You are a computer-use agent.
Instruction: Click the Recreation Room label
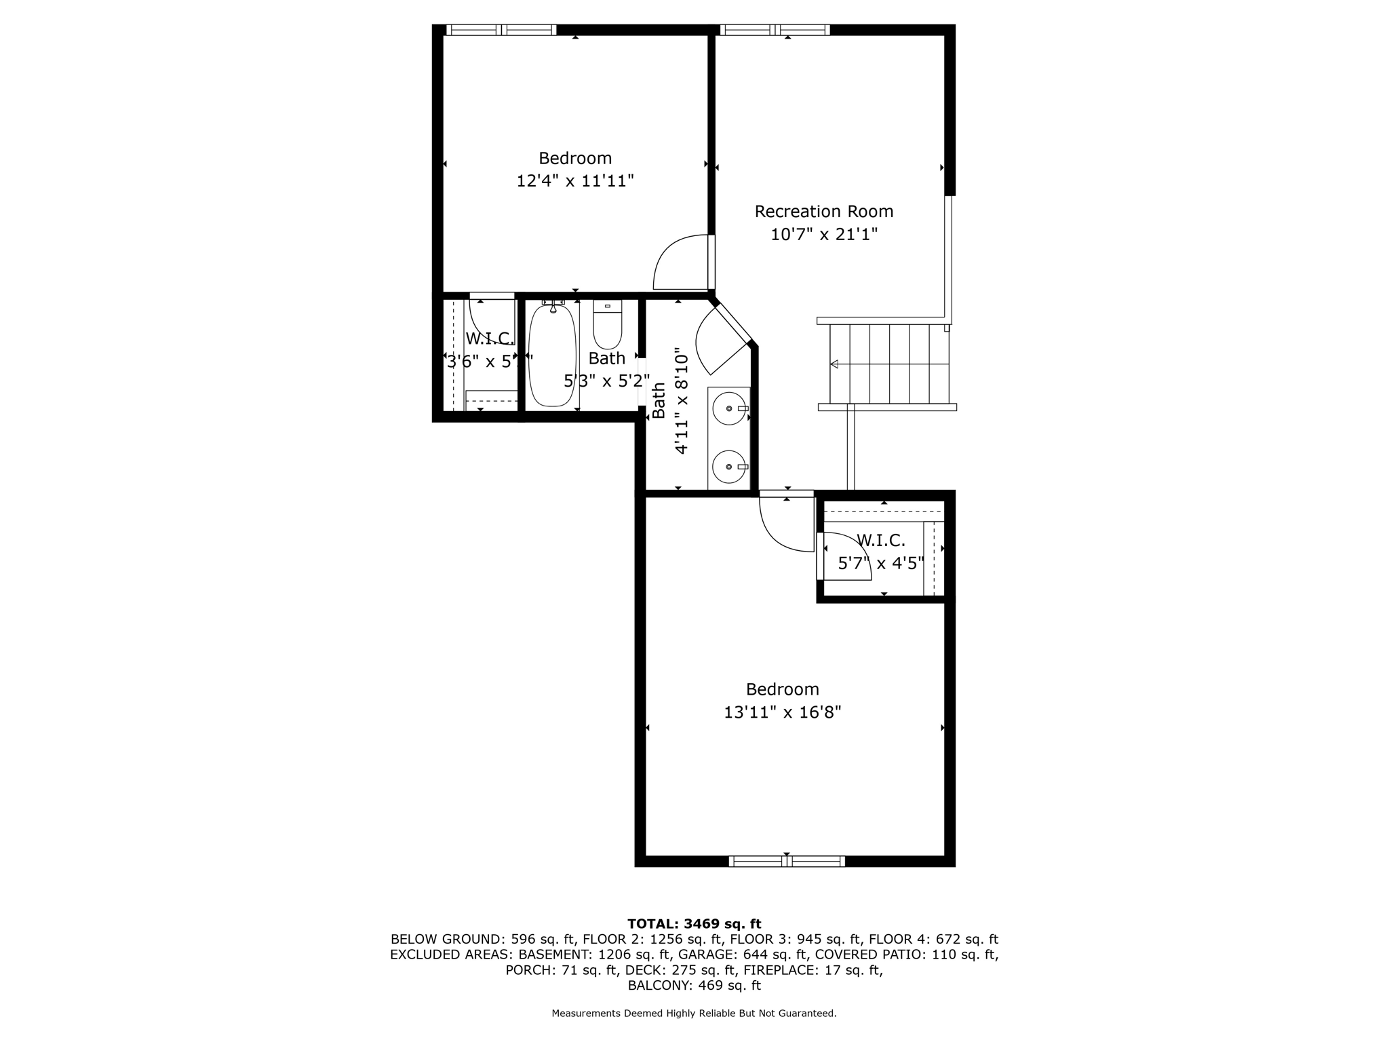[x=823, y=212]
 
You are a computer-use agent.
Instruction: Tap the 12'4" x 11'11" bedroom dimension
[x=575, y=181]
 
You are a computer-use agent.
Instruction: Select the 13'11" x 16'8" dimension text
[x=782, y=712]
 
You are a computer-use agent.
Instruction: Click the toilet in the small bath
[x=607, y=326]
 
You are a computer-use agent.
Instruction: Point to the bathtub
[x=552, y=356]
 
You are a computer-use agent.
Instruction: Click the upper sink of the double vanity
[x=729, y=409]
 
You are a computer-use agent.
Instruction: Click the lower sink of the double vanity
[x=729, y=467]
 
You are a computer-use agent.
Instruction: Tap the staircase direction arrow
[x=834, y=364]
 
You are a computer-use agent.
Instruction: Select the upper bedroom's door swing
[x=682, y=263]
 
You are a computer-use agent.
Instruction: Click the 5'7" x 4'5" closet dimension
[x=880, y=563]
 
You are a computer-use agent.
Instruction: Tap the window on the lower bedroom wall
[x=787, y=861]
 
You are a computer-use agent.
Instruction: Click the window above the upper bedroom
[x=501, y=30]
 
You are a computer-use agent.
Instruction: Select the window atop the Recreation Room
[x=775, y=30]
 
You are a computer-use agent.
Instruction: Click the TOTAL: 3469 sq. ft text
[x=694, y=923]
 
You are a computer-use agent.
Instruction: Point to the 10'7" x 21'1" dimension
[x=823, y=235]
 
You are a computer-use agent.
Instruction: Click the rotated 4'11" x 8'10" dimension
[x=682, y=400]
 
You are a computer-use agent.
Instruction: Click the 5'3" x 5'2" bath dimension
[x=606, y=381]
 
